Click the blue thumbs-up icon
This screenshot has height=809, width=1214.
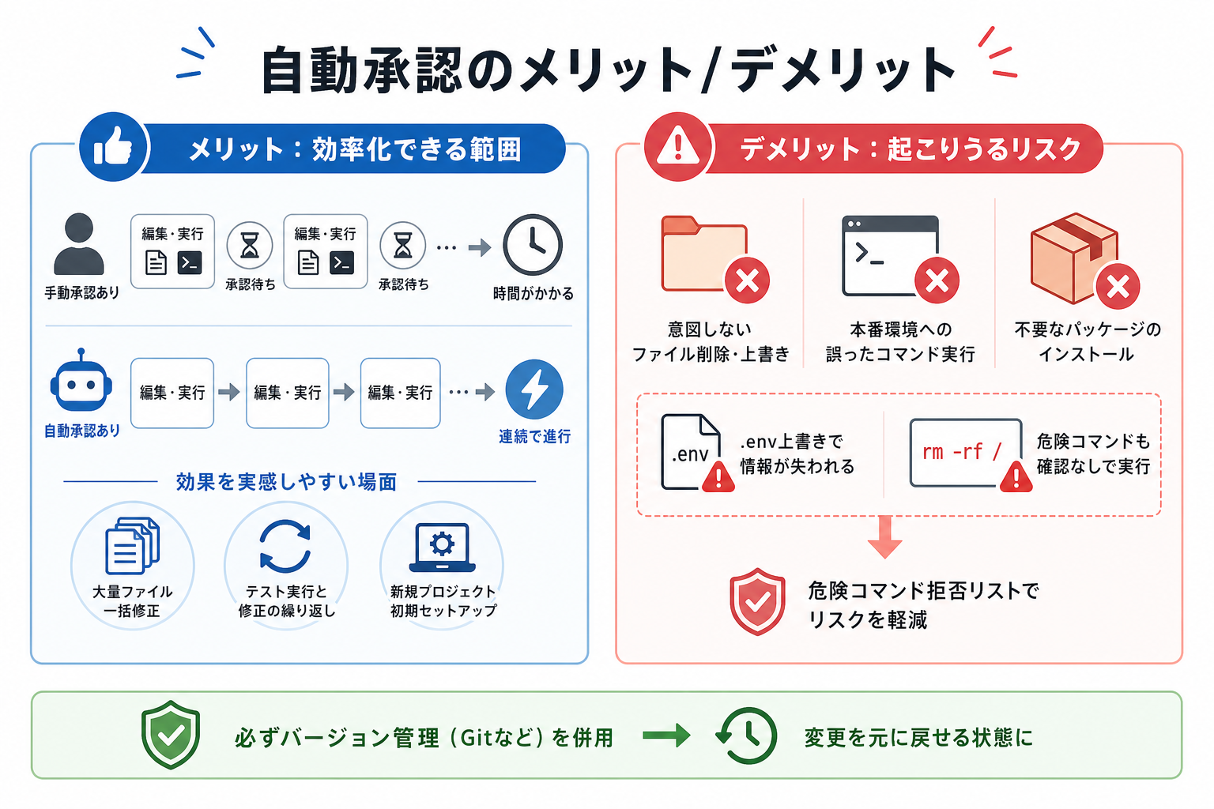113,147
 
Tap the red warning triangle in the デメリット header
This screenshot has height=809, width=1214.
678,147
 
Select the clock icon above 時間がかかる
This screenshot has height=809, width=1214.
532,246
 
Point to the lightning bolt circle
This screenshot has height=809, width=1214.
534,389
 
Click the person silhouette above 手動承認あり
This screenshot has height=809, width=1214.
79,244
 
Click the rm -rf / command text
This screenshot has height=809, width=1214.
962,451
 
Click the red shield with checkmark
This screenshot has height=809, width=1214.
757,601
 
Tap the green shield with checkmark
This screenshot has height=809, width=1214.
171,735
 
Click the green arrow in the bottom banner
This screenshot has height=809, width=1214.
666,736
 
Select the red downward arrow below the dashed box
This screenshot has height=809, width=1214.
884,537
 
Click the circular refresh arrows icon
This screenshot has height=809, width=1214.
285,546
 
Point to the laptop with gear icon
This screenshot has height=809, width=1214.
443,547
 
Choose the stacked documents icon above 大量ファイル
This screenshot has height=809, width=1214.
132,545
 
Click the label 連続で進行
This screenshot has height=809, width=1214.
534,436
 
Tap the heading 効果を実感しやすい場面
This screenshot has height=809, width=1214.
287,482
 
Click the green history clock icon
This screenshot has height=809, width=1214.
747,736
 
